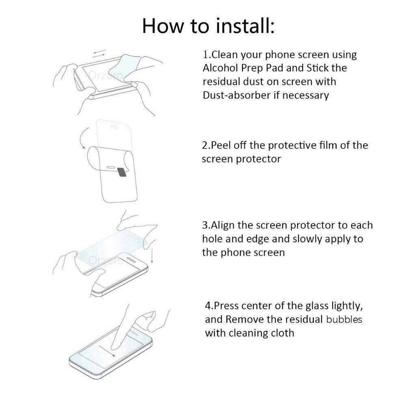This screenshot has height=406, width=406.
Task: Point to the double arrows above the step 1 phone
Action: point(99,54)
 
